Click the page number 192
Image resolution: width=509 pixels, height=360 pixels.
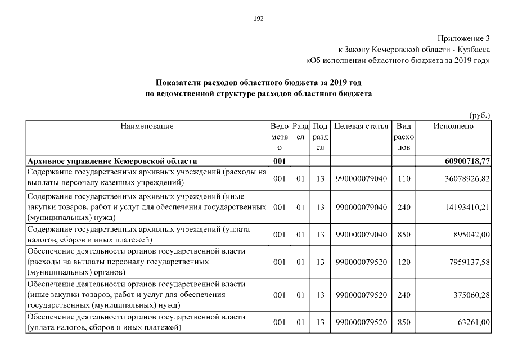pyautogui.click(x=258, y=18)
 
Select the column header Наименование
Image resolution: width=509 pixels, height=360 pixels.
pyautogui.click(x=147, y=127)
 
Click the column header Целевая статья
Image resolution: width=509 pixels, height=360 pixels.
pyautogui.click(x=361, y=127)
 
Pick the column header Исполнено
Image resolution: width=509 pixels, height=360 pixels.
pyautogui.click(x=453, y=127)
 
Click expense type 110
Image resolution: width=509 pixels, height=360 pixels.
pyautogui.click(x=403, y=178)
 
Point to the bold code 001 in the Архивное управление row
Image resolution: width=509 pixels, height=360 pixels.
pyautogui.click(x=280, y=161)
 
